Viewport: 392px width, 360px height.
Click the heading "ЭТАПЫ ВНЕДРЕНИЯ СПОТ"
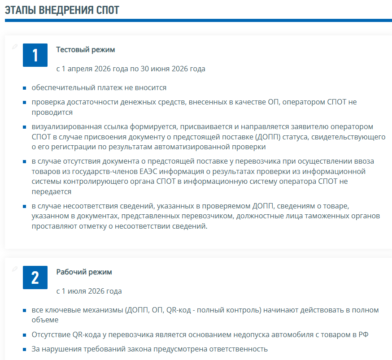[x=62, y=10]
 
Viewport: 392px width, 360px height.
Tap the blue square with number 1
[x=35, y=55]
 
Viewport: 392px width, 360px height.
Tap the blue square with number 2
[x=35, y=278]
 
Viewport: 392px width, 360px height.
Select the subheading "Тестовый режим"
[x=85, y=50]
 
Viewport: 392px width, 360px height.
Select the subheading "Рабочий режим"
[x=84, y=272]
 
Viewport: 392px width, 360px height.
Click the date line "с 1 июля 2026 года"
[x=89, y=291]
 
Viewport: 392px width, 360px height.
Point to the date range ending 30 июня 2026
[x=131, y=69]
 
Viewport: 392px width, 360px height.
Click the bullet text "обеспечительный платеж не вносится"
[x=99, y=88]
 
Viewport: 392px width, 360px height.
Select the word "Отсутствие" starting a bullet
[x=51, y=335]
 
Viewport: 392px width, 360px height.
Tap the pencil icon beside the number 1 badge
[x=15, y=47]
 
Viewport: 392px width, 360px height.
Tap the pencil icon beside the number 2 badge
[x=15, y=269]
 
